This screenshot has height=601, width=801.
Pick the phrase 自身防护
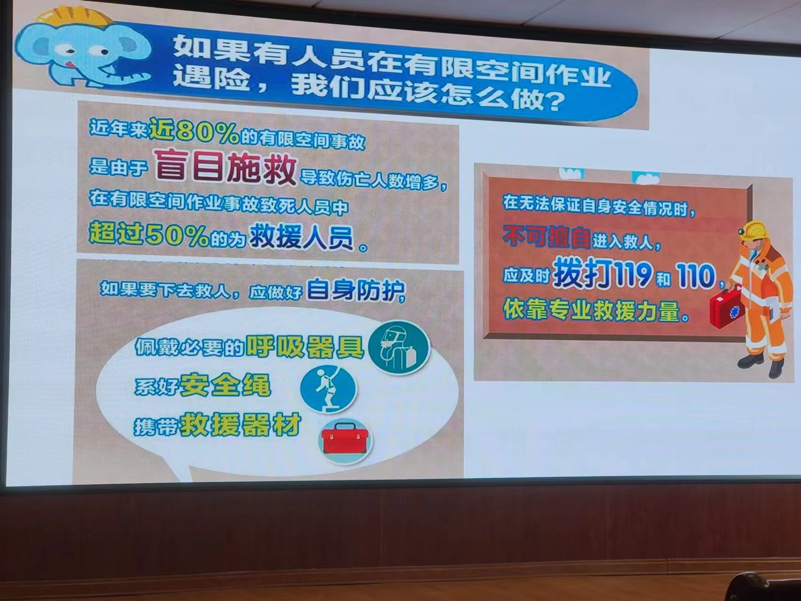click(x=355, y=291)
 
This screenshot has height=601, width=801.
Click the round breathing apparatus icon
click(x=399, y=347)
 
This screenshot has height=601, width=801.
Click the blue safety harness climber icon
click(x=328, y=390)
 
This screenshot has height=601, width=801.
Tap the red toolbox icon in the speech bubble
click(x=346, y=440)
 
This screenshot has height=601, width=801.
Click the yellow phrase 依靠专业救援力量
click(x=592, y=310)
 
